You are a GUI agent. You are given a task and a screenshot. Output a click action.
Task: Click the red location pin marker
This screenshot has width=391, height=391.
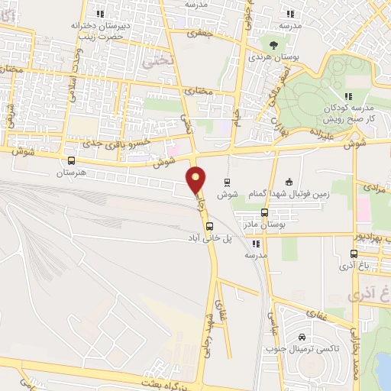point(196,179)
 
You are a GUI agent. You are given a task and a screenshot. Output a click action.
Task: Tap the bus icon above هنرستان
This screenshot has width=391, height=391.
point(71,160)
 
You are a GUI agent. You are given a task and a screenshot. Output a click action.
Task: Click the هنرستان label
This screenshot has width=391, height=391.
point(71,173)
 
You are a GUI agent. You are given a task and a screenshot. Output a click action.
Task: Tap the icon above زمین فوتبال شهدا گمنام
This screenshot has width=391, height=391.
point(289,181)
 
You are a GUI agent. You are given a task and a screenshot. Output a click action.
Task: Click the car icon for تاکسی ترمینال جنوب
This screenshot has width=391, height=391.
point(302,338)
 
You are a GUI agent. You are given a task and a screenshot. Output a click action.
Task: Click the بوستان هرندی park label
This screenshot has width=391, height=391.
point(273,57)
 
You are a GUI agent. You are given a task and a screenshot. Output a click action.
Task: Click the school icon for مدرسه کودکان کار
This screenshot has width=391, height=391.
point(348,95)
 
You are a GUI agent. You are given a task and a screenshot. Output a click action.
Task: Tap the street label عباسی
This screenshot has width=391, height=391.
point(270,321)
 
